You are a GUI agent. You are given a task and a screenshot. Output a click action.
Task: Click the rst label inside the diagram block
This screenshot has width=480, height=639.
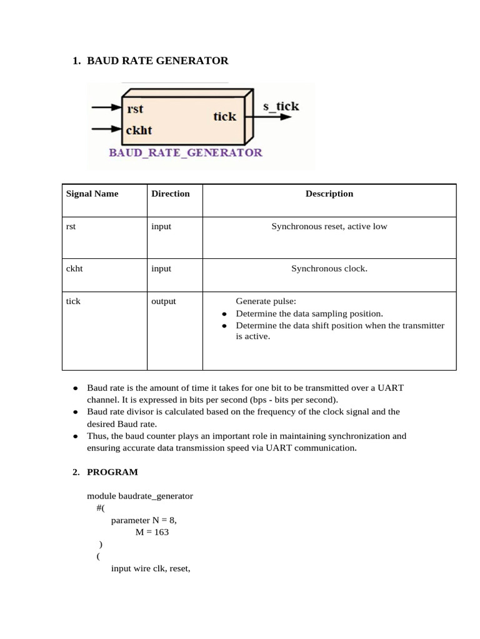coord(135,109)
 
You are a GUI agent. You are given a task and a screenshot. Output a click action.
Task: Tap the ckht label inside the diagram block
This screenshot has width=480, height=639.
coord(139,130)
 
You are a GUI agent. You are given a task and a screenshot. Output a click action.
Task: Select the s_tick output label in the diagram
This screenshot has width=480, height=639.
coord(281,106)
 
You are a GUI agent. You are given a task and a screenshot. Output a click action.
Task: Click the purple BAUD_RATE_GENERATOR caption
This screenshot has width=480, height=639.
coord(186,152)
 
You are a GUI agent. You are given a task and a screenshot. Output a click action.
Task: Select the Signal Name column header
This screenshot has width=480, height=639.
coord(92,193)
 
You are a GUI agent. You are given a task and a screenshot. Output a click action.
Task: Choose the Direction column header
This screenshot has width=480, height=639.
coord(170,193)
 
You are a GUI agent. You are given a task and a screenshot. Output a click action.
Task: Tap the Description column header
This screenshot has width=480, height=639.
coord(329,193)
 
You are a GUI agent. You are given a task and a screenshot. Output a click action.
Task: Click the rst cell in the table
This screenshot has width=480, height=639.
coord(71,227)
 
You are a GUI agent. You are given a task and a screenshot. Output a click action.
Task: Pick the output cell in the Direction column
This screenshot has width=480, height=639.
coord(164,301)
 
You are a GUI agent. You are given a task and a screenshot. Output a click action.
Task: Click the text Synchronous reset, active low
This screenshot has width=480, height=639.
coord(329,227)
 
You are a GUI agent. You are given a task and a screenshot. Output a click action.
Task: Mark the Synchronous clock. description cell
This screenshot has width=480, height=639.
coord(329,268)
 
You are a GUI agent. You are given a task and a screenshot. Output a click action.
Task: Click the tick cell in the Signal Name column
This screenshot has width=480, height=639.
coord(73,301)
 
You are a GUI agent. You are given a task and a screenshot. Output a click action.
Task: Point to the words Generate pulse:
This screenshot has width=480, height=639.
coord(261,301)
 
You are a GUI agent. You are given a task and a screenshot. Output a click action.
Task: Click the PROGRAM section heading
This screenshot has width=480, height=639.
coord(112,472)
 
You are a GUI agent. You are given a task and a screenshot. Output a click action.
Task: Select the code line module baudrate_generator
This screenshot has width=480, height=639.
coord(140,496)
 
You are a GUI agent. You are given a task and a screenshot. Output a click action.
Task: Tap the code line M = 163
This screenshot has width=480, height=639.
coord(152,532)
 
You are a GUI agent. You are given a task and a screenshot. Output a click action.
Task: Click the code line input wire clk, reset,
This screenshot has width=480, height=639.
coord(150,568)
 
